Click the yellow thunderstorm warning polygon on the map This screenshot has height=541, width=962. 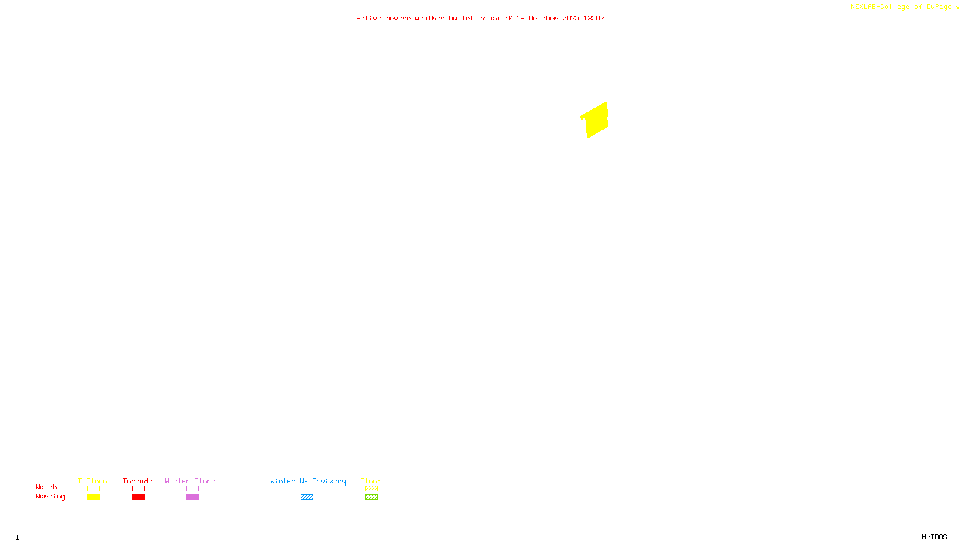[595, 120]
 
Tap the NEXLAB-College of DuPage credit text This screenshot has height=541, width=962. [901, 7]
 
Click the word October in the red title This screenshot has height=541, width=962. [543, 18]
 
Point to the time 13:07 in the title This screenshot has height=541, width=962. [594, 18]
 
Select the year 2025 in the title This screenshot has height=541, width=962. [571, 18]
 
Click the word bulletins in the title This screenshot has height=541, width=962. [468, 18]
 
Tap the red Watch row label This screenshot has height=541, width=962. [46, 487]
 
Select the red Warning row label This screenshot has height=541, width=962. [50, 497]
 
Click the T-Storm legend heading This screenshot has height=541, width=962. [93, 481]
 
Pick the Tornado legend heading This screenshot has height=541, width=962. [138, 481]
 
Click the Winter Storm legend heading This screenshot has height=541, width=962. [190, 481]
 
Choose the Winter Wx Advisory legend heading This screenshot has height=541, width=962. [308, 481]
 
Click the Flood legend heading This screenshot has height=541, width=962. [371, 481]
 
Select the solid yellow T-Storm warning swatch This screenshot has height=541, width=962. [93, 497]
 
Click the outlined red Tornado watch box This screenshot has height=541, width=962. [138, 489]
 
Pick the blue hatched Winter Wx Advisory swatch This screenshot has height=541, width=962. [307, 497]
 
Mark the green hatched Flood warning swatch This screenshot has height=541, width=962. [371, 497]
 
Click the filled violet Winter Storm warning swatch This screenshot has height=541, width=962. [192, 497]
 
